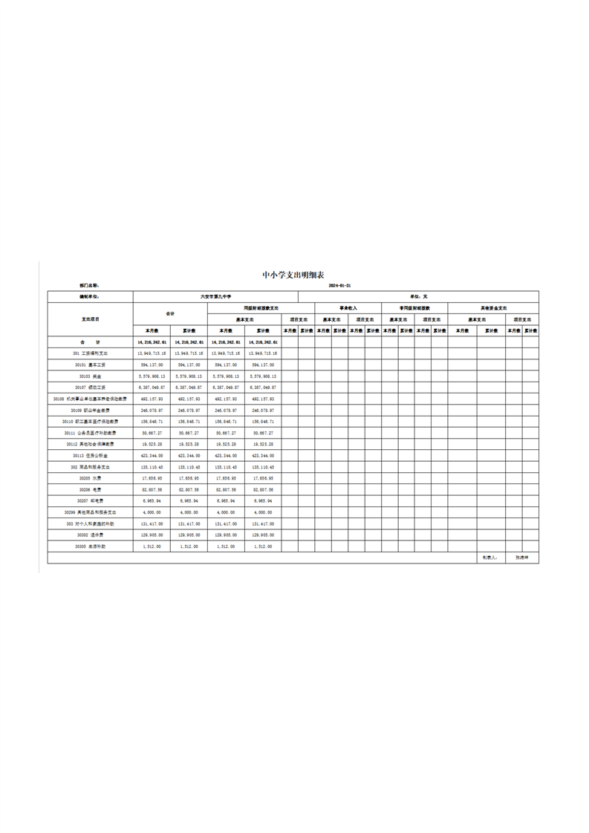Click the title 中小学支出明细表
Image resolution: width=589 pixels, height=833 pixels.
(293, 275)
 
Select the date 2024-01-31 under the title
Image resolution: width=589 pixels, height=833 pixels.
(339, 285)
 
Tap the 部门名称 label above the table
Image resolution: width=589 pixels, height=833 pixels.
(89, 285)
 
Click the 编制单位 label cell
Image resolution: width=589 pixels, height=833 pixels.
(89, 296)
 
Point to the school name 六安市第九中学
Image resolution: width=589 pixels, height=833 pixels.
(216, 296)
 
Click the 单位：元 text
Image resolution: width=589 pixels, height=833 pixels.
(420, 296)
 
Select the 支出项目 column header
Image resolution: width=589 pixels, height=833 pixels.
(90, 318)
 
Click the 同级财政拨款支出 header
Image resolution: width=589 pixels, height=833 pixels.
(261, 307)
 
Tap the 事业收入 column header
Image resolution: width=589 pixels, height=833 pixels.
(348, 307)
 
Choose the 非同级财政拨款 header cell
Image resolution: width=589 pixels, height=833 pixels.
(414, 307)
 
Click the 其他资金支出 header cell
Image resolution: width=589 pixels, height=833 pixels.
(493, 307)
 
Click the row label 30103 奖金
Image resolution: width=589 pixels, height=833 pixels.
(90, 376)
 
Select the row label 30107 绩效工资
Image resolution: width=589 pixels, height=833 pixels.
(90, 388)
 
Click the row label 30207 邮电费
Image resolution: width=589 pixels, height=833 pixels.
(90, 501)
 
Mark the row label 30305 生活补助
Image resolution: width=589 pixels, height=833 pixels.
(90, 546)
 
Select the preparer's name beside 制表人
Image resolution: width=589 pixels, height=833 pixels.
(522, 558)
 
